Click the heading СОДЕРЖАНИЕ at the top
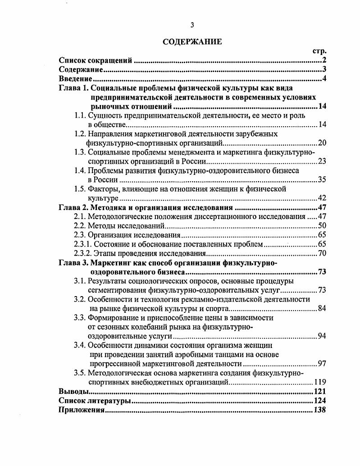pos(192,42)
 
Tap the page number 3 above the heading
pos(192,25)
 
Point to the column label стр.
pos(319,51)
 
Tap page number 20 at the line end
pos(322,143)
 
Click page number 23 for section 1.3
pos(322,161)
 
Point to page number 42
pos(322,198)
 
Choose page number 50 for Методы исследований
pos(322,226)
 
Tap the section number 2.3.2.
pos(83,253)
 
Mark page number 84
pos(322,309)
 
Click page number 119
pos(320,383)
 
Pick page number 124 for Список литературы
pos(319,401)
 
